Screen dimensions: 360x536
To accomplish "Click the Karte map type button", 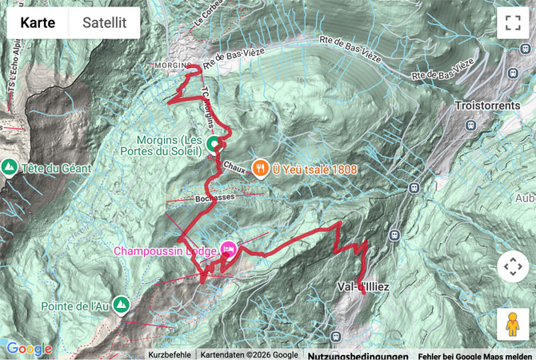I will (38, 23).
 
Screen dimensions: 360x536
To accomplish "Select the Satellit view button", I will (104, 23).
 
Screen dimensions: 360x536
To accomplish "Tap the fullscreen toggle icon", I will (513, 23).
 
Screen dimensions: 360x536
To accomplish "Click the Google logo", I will (29, 349).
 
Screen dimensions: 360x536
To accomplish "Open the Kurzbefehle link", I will (170, 354).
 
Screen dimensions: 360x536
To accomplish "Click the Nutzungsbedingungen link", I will (358, 354).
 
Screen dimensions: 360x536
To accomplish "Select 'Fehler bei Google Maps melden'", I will (475, 354).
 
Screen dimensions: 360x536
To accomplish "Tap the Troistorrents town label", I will (490, 105).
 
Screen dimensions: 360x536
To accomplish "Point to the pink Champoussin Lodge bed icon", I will (228, 250).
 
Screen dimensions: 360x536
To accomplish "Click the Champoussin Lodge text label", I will (165, 251).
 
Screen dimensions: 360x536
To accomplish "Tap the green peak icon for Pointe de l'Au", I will (120, 304).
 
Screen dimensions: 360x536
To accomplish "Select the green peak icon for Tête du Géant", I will (10, 167).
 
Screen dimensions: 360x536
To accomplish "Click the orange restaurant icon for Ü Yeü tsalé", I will (259, 168).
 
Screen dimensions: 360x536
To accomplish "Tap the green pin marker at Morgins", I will (214, 144).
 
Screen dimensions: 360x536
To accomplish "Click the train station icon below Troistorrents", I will (473, 126).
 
